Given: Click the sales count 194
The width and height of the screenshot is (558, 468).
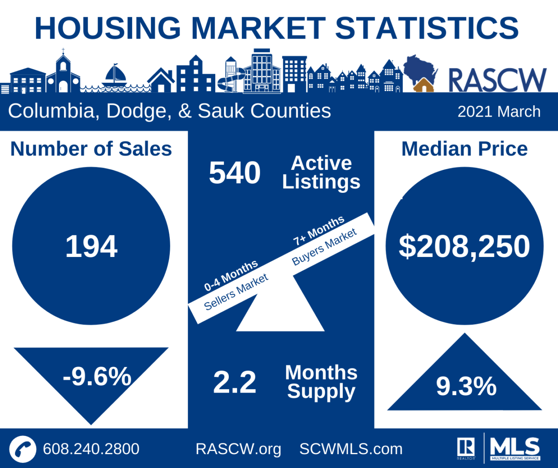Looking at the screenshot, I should point(91,247).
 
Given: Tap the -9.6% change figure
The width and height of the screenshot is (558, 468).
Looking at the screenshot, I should point(97,376).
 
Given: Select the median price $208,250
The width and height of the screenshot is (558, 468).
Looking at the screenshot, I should point(464,247).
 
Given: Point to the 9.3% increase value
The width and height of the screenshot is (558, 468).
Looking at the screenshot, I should point(466,386).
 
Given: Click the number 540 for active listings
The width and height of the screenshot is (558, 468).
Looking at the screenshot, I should point(234,173).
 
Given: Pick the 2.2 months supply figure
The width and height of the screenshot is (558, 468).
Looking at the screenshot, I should point(234,382).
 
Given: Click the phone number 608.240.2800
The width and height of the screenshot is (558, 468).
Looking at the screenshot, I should point(91,449).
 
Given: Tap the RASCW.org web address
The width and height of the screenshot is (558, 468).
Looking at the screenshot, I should point(238,449).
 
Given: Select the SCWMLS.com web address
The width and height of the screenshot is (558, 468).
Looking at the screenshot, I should point(351,449).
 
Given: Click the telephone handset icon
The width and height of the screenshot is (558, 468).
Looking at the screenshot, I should point(23,449).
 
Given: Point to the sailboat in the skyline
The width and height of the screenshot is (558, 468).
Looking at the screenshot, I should point(114,76).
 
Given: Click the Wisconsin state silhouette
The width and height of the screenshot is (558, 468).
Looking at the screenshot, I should point(419,71).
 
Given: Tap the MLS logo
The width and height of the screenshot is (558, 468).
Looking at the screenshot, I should point(515,448).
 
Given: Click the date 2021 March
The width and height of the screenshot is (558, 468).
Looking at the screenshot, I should point(499,112).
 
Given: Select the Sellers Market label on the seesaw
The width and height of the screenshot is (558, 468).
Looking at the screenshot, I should point(236,292).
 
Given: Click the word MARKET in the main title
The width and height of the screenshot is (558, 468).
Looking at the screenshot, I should point(258,28).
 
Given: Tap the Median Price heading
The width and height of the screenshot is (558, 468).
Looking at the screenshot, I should point(464,149).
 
